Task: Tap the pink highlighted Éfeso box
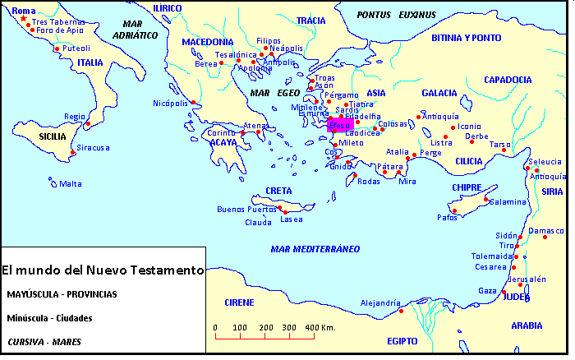[x=339, y=125]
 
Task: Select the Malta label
[x=70, y=183]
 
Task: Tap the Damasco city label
[x=548, y=231]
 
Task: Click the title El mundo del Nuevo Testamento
[x=102, y=270]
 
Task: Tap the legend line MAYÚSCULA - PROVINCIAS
[x=62, y=293]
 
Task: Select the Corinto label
[x=221, y=133]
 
